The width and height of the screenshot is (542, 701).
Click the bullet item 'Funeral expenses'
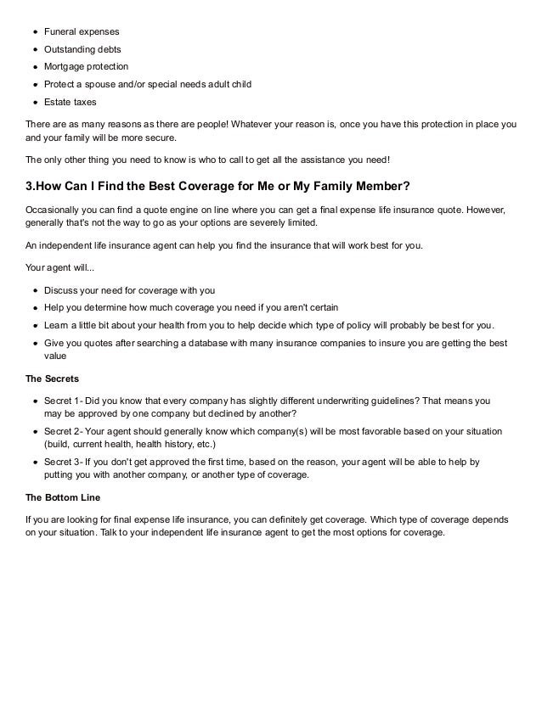click(x=82, y=31)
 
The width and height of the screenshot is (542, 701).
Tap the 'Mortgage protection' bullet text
click(x=88, y=67)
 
